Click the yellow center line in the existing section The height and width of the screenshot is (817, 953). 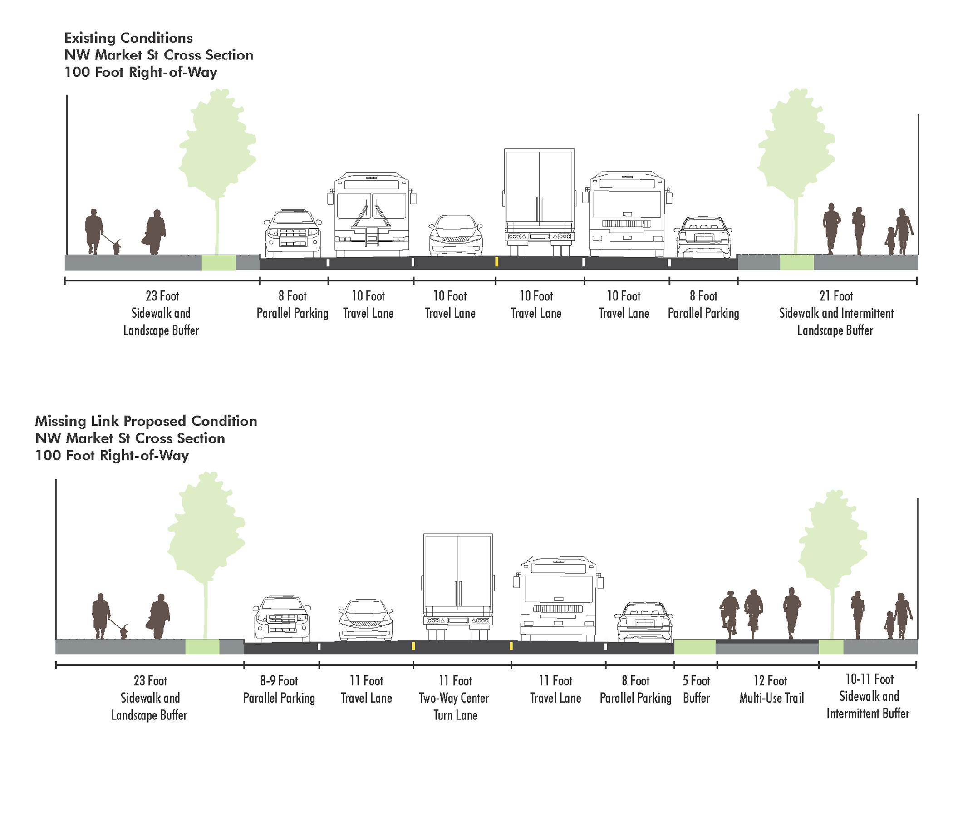pos(496,262)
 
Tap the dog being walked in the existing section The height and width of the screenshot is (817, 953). pos(117,247)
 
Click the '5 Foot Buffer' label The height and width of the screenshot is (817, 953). pos(696,689)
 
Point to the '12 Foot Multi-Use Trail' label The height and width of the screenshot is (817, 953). pos(771,689)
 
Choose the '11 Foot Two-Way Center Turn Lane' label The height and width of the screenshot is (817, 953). pos(455,697)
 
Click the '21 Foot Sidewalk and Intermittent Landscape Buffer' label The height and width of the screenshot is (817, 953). pos(836,313)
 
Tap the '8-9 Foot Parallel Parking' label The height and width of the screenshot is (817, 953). pos(279,689)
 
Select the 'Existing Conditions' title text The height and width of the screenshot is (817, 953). pos(128,38)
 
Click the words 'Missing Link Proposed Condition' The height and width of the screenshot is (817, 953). pos(146,421)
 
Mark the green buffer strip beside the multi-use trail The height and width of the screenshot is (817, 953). pos(694,647)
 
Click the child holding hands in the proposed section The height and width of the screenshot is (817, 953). pos(889,625)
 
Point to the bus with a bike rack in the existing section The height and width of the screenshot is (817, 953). pos(372,214)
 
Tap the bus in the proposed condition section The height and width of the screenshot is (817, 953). pos(558,598)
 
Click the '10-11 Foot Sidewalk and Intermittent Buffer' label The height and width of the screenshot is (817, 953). pos(869,696)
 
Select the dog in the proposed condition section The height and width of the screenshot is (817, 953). pos(124,631)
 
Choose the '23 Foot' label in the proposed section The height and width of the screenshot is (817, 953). pos(150,681)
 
